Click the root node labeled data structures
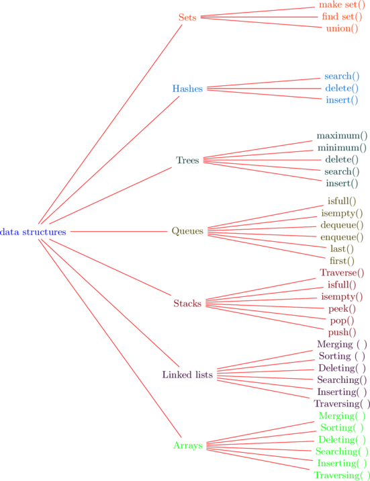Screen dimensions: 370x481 (x=33, y=232)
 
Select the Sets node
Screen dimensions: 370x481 (x=187, y=17)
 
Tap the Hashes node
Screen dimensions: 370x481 (x=187, y=89)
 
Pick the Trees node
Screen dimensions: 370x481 (x=187, y=160)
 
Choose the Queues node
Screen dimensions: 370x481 (x=187, y=231)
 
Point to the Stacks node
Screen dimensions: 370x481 (x=187, y=304)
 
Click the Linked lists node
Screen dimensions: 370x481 (x=187, y=375)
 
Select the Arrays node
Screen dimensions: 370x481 (x=187, y=445)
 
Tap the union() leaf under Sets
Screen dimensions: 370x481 (x=342, y=28)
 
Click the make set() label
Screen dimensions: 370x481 (x=342, y=5)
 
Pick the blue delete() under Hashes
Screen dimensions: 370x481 (x=342, y=89)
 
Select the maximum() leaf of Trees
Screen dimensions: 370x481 (x=342, y=136)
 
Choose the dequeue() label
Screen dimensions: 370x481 (x=342, y=225)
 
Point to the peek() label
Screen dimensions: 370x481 (x=342, y=308)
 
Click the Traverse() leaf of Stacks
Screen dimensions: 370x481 (x=342, y=273)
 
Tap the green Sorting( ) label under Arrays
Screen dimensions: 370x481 (x=342, y=428)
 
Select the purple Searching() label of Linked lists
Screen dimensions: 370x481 (x=342, y=380)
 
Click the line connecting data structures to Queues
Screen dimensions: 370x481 (x=119, y=231)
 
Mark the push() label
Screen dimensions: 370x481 (x=342, y=333)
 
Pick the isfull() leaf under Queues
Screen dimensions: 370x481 (x=342, y=202)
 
